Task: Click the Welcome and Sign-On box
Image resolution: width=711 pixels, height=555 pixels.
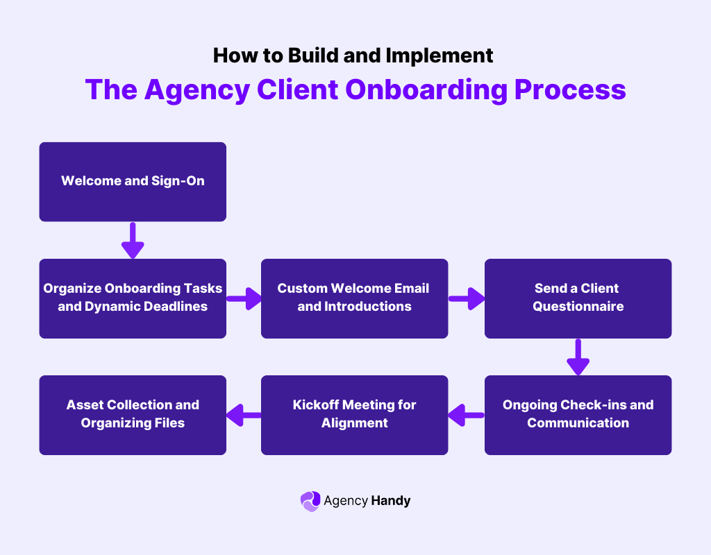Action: (x=133, y=182)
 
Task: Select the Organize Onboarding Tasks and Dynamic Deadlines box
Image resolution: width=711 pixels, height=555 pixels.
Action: (x=133, y=298)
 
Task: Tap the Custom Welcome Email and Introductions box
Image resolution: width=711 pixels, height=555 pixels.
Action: (x=354, y=298)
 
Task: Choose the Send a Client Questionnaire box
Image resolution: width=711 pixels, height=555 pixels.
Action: (x=578, y=298)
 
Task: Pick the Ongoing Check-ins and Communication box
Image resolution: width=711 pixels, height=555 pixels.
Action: (x=578, y=415)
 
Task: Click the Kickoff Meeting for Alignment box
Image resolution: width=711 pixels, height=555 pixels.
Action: (x=354, y=415)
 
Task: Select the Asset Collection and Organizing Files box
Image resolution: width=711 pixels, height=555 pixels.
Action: (x=133, y=415)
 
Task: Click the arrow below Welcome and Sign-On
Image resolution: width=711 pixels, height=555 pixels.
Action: (x=133, y=240)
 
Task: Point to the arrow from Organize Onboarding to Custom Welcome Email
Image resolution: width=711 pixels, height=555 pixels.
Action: (x=244, y=299)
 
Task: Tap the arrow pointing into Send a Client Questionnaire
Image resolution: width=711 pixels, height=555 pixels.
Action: (x=467, y=299)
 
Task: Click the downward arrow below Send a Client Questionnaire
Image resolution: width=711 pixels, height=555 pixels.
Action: (x=578, y=357)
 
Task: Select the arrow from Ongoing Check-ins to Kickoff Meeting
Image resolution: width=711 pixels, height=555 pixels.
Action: (x=466, y=416)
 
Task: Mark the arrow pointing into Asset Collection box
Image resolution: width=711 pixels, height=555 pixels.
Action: (x=244, y=416)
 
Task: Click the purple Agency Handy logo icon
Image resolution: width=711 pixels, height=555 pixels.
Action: (x=310, y=501)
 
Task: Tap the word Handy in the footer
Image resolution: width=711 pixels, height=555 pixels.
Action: (x=391, y=500)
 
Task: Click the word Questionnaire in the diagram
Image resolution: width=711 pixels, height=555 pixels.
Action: (x=578, y=306)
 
